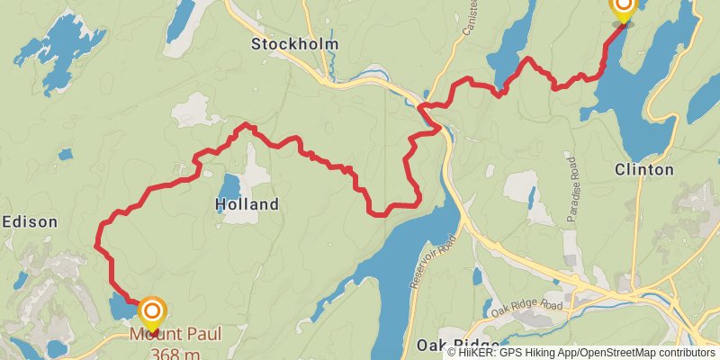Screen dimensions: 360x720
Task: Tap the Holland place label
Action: [247, 205]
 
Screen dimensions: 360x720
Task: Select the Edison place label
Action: [30, 221]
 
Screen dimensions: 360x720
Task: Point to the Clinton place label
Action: [643, 169]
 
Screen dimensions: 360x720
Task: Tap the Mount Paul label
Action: [175, 334]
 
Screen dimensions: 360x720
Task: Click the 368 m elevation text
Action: [175, 351]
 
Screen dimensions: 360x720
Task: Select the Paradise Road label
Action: [571, 189]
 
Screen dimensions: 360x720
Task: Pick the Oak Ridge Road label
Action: [526, 306]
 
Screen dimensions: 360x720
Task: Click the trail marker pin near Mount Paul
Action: [152, 313]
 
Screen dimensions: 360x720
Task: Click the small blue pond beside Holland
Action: [229, 185]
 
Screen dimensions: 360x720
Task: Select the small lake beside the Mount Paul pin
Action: [121, 309]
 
